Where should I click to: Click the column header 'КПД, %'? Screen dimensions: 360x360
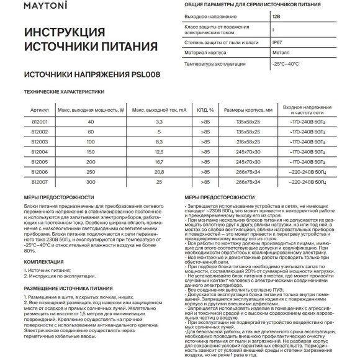point(187,109)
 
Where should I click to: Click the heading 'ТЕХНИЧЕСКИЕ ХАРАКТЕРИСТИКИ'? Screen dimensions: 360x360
point(60,92)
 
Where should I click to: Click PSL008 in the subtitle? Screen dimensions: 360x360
point(151,73)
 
